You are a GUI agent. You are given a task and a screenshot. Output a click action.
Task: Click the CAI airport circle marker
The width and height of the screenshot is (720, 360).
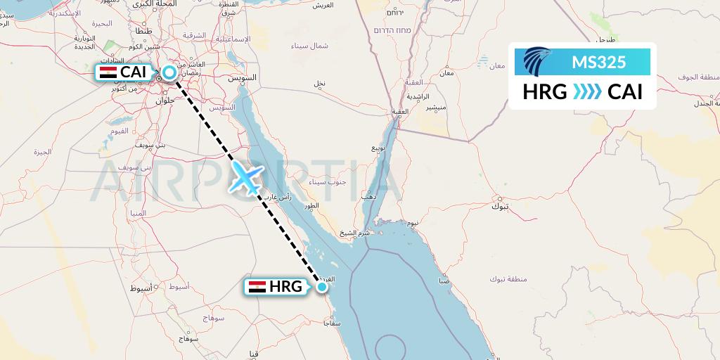tap(169, 72)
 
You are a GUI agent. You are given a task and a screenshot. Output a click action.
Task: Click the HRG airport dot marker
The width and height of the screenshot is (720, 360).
tap(322, 286)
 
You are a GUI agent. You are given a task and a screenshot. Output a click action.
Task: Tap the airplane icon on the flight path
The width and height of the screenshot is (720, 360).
tap(245, 177)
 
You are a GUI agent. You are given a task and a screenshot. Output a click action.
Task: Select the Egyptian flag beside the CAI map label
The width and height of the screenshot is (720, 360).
tap(108, 72)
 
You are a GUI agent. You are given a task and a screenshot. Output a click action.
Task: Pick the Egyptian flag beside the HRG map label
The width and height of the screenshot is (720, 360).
tap(257, 286)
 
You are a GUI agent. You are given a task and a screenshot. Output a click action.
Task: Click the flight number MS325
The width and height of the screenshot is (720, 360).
tap(598, 63)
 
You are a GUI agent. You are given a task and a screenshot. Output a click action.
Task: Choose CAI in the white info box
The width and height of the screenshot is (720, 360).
tap(625, 92)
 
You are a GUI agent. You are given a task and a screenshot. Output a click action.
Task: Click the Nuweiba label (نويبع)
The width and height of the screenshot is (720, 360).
tap(379, 150)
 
